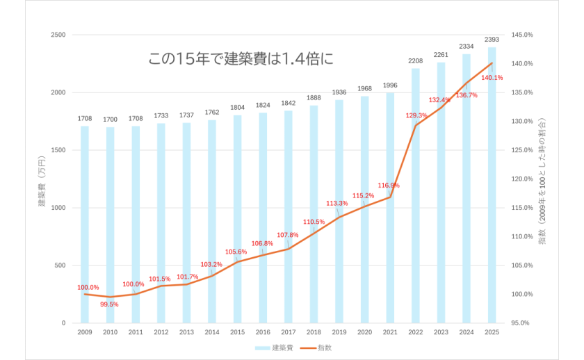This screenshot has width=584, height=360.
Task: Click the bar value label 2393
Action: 492,40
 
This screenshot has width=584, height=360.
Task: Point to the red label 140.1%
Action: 492,78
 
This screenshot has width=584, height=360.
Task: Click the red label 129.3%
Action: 416,115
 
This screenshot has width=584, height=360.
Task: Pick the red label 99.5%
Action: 109,304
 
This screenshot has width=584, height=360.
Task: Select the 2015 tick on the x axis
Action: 237,333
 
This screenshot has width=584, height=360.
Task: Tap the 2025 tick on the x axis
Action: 492,333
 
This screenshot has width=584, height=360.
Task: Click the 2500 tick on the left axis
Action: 59,35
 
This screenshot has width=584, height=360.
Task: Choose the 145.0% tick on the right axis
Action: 522,35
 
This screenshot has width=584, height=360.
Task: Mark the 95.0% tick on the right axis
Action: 522,323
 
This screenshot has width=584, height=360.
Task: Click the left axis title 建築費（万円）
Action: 42,179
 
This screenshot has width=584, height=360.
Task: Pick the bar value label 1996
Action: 390,85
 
